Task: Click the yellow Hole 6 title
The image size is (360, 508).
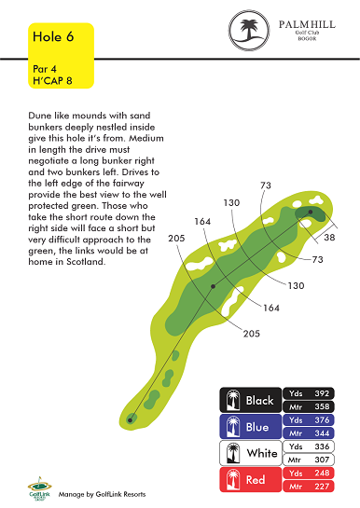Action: (53, 36)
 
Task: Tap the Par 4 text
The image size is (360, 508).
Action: (45, 69)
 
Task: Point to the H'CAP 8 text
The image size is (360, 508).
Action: (52, 80)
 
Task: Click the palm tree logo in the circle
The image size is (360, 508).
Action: (249, 30)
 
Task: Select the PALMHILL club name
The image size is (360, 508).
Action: (307, 24)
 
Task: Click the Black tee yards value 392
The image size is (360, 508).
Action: (322, 393)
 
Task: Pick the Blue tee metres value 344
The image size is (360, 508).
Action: (322, 433)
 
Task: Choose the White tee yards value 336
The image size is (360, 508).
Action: (322, 446)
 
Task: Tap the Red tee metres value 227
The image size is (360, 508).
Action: (322, 487)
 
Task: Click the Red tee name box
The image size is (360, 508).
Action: (251, 479)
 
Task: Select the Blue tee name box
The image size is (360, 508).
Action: (251, 427)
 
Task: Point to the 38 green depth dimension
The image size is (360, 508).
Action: (329, 237)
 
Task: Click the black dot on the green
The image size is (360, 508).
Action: (311, 212)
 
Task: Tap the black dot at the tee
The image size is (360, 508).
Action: (130, 420)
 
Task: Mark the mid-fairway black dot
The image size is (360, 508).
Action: (213, 286)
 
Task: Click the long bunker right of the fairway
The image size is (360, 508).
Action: (232, 302)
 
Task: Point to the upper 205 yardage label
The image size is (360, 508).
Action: (176, 238)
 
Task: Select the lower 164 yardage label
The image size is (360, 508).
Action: (271, 308)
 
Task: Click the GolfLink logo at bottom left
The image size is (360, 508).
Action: (39, 488)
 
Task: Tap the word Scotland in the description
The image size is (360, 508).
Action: (86, 261)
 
